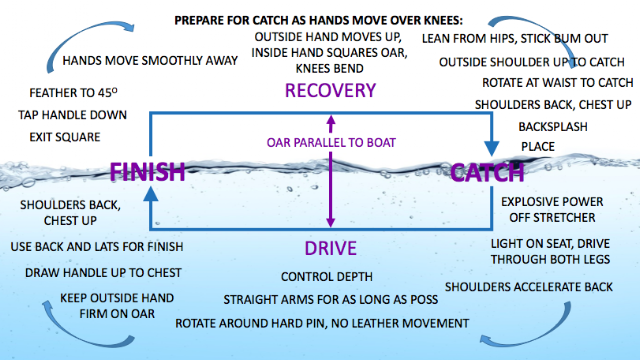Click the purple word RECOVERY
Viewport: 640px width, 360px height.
tap(330, 90)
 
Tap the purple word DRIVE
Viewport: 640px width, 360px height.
tap(331, 248)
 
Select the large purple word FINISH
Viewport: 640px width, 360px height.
tap(148, 171)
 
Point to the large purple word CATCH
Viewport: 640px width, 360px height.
tap(487, 172)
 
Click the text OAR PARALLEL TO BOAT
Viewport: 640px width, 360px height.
tap(331, 142)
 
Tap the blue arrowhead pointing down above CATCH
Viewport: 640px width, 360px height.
tap(491, 149)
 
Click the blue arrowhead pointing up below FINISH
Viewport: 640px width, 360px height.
tap(151, 194)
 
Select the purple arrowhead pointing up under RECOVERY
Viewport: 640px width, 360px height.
tap(331, 120)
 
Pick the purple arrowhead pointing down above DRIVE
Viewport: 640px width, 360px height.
tap(331, 222)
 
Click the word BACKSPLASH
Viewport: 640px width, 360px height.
tap(553, 127)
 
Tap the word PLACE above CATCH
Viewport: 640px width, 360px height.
tap(538, 147)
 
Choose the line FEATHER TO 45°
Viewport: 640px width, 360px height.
tap(73, 93)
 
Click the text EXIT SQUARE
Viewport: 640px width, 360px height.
tap(64, 137)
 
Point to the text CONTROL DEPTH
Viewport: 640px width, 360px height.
tap(327, 277)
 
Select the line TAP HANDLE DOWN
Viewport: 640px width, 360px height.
tap(72, 115)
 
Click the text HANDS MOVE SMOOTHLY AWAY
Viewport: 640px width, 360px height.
tap(150, 61)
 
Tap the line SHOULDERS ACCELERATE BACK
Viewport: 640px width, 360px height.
tap(529, 287)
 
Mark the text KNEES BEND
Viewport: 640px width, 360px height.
tap(329, 68)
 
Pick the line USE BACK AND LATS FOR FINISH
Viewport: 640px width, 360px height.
tap(97, 247)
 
